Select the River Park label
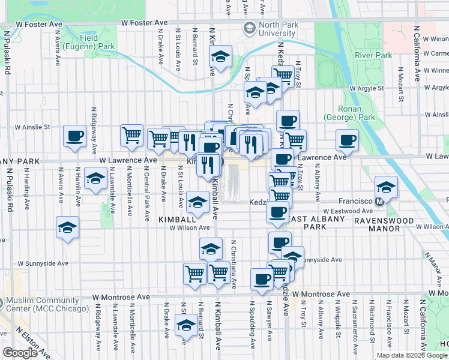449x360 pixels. pyautogui.click(x=373, y=55)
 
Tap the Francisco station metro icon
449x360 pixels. pyautogui.click(x=379, y=202)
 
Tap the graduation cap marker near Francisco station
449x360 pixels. pyautogui.click(x=385, y=187)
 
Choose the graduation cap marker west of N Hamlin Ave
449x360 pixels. pyautogui.click(x=68, y=227)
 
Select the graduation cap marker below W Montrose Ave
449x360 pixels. pyautogui.click(x=186, y=326)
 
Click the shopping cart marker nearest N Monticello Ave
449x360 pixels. pyautogui.click(x=131, y=135)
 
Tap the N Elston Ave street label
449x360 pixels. pyautogui.click(x=29, y=340)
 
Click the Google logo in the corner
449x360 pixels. pyautogui.click(x=20, y=353)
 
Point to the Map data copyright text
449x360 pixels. pyautogui.click(x=411, y=355)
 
